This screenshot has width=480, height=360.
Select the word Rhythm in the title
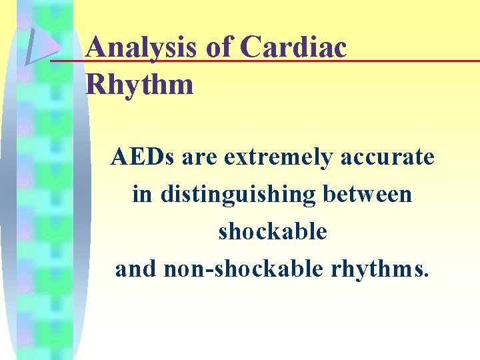click(x=140, y=85)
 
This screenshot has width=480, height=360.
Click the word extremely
click(x=279, y=159)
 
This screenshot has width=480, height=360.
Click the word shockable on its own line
click(x=273, y=232)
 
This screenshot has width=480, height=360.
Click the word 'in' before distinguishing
click(x=141, y=195)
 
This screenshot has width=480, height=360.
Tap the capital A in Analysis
click(x=97, y=48)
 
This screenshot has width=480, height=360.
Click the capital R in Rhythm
click(x=98, y=85)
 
